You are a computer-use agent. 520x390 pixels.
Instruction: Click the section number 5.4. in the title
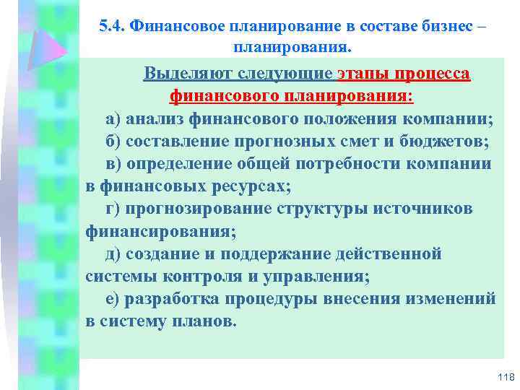[x=112, y=26]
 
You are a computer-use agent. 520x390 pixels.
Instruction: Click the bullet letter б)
[x=116, y=141]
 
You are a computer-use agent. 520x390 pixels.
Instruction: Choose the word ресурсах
[x=249, y=186]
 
